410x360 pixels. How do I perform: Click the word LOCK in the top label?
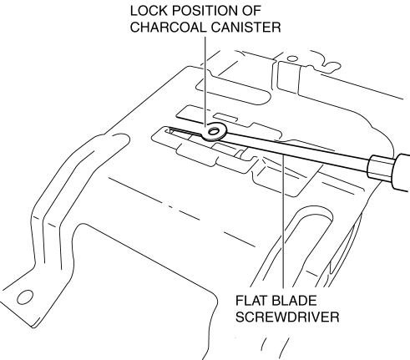149,11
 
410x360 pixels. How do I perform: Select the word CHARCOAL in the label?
169,28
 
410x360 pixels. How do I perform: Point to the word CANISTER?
245,28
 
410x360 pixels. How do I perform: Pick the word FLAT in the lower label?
251,301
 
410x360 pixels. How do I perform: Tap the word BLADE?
293,301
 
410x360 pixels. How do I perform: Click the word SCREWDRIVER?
287,317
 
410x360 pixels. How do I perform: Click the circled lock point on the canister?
214,131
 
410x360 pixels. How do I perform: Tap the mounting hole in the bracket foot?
25,297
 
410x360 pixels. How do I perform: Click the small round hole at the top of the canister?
292,58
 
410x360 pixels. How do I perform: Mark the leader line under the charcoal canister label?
205,81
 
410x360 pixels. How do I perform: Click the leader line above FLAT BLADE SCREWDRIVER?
283,221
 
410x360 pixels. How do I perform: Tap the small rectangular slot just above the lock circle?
225,117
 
